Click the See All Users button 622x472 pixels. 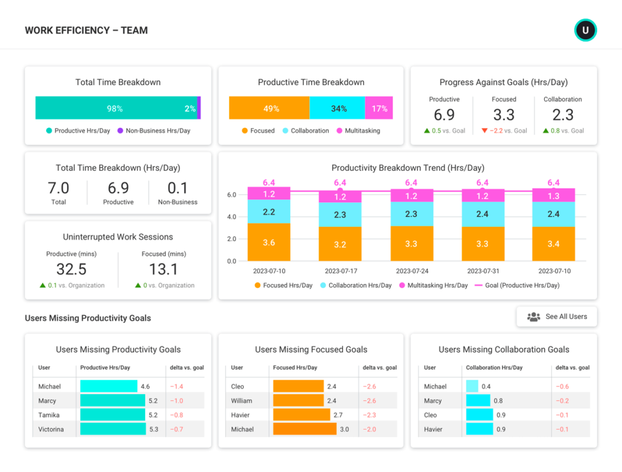[556, 316]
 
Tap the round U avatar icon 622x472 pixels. [586, 30]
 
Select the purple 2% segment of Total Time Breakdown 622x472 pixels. [199, 108]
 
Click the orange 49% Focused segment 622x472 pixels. [269, 108]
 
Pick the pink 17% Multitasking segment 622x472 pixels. [379, 108]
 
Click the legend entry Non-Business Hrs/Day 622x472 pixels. [157, 131]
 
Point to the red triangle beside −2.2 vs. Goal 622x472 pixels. [484, 131]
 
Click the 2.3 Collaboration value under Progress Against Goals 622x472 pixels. [562, 115]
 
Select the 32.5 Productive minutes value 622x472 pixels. [71, 269]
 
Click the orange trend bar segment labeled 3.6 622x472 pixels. [268, 242]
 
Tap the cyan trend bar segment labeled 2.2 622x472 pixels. [268, 212]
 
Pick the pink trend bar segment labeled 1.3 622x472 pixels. [553, 195]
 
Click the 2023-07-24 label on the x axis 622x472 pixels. [411, 271]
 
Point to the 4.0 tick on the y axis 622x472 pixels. [232, 217]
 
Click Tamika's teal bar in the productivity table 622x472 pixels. [113, 415]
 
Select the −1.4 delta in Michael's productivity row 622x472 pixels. [177, 386]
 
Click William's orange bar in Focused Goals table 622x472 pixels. [298, 401]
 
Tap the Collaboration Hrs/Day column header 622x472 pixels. [494, 368]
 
